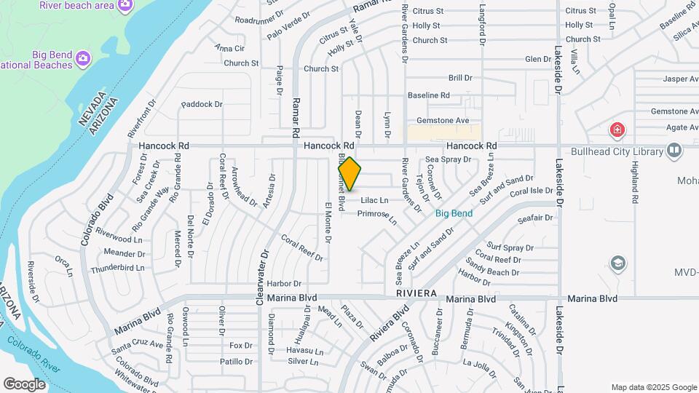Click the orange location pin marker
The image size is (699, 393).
click(x=349, y=174)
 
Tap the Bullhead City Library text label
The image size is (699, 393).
click(x=617, y=152)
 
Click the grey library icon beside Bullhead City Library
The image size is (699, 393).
click(x=674, y=151)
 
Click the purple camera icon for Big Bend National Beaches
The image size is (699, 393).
click(x=83, y=57)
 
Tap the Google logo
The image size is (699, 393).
click(x=24, y=384)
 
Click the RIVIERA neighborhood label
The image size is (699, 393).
click(x=416, y=293)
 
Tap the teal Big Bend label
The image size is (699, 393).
click(x=454, y=213)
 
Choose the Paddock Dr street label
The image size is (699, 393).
click(x=202, y=104)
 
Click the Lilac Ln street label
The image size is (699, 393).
click(x=374, y=200)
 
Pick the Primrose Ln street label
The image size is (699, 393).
click(x=376, y=216)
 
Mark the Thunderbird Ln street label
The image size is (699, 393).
click(x=117, y=268)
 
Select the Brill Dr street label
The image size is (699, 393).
click(x=460, y=77)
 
